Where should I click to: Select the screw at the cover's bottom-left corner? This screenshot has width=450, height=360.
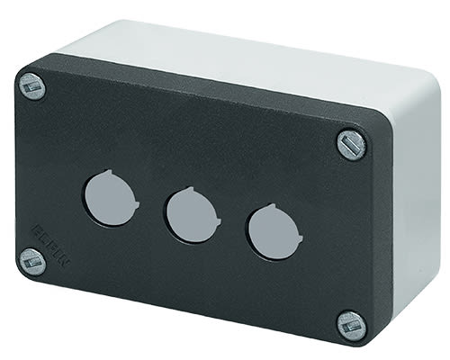click(x=31, y=262)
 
